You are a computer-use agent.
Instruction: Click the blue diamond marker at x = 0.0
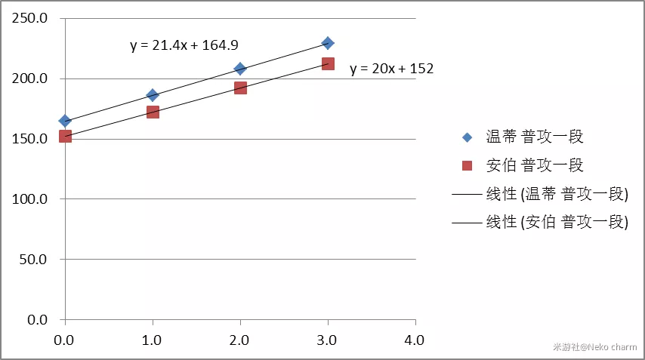65,121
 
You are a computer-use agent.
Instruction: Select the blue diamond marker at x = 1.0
153,95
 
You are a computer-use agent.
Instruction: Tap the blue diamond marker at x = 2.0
240,69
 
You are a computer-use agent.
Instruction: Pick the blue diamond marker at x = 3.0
328,43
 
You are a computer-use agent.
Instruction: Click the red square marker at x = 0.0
65,136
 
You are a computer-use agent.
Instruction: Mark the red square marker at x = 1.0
153,112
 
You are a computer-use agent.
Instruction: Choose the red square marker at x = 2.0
240,88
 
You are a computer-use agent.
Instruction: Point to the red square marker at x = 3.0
328,64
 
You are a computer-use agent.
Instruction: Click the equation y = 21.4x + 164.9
185,45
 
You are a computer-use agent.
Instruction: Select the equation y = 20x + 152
391,69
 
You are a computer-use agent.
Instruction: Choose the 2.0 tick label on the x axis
240,340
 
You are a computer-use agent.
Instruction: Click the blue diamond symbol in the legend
467,137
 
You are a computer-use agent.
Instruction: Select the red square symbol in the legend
467,165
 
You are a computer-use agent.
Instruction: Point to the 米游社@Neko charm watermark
594,348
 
